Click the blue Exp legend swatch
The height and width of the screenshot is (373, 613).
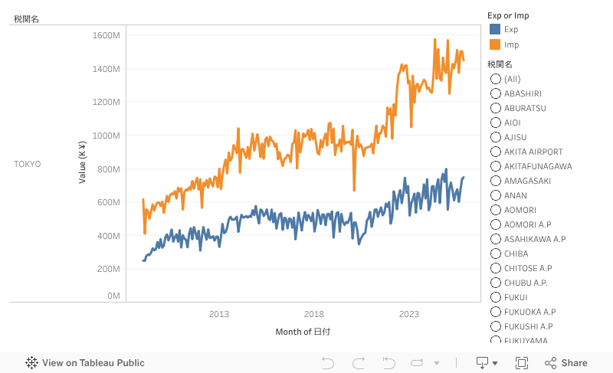point(495,30)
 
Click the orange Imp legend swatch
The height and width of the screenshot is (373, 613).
point(495,44)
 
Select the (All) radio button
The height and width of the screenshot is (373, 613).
point(496,79)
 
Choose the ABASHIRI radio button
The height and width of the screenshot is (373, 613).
point(496,93)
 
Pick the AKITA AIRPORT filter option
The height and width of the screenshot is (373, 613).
point(496,152)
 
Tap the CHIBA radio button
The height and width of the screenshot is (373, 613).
point(496,254)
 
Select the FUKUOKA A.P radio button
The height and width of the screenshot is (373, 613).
point(496,312)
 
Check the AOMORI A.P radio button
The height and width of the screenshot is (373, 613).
point(496,224)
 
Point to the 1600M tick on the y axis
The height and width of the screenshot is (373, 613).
point(105,35)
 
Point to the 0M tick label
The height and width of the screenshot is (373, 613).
point(113,296)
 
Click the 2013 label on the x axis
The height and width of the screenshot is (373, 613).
point(219,314)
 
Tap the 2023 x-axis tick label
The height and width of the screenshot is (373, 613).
point(409,314)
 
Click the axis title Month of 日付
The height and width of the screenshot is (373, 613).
point(303,332)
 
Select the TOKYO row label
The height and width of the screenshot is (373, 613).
point(28,164)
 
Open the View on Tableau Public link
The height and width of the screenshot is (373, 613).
point(85,363)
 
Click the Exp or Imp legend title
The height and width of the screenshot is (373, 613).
point(508,15)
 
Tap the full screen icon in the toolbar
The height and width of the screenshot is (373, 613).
point(522,363)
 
